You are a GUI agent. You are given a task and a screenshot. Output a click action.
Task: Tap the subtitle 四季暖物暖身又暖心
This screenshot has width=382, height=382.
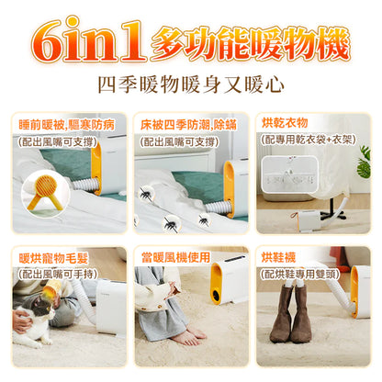click(x=191, y=84)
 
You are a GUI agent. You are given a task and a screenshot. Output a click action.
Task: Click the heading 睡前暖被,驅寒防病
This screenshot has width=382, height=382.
click(x=66, y=125)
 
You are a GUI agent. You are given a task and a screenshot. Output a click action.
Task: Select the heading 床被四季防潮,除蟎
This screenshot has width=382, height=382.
click(x=188, y=125)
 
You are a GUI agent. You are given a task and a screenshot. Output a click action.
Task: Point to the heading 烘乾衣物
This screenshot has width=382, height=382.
click(x=285, y=123)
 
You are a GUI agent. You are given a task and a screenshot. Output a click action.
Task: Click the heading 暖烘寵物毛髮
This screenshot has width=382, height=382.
click(x=53, y=258)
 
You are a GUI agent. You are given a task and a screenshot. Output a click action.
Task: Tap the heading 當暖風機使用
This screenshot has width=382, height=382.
click(x=175, y=257)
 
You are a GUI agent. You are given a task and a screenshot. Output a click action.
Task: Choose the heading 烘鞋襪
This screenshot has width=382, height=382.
click(x=278, y=257)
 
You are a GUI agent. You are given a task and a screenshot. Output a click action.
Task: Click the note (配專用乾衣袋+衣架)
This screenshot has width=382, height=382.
click(x=309, y=140)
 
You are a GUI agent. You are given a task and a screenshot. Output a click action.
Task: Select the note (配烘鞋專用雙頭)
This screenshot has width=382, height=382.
click(x=300, y=274)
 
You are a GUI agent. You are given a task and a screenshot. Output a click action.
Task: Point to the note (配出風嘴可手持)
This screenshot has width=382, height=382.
click(x=58, y=274)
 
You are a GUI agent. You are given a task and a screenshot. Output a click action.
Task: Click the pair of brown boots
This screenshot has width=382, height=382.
click(x=290, y=313)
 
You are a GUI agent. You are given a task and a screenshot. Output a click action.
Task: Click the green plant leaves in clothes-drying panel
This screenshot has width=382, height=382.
click(x=364, y=163)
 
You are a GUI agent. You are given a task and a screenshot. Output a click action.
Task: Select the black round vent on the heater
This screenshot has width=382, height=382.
click(x=217, y=296)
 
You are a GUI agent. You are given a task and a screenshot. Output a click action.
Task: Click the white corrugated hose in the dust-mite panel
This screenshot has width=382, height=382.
click(x=218, y=208)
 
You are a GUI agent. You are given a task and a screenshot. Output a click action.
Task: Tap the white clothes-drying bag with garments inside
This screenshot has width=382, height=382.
click(x=290, y=174)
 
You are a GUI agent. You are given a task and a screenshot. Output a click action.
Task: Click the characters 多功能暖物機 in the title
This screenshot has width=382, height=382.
click(x=250, y=43)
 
